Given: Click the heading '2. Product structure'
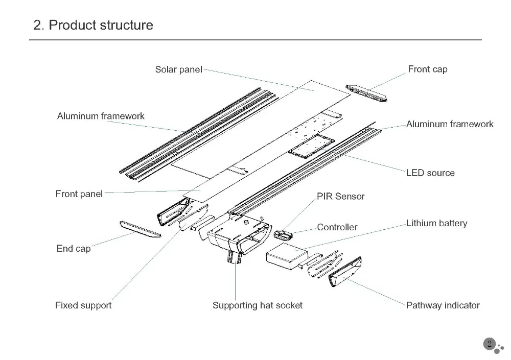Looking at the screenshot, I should (93, 25).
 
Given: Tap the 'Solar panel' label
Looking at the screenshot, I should (178, 69).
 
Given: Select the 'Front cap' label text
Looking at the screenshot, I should (427, 69).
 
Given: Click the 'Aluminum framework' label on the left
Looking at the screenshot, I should (101, 116).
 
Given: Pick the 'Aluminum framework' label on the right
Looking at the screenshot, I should (450, 124).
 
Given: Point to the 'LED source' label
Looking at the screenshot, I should (430, 173).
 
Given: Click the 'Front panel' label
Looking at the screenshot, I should (79, 194).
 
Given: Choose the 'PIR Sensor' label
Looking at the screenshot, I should (341, 196).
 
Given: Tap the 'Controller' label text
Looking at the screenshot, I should (337, 227).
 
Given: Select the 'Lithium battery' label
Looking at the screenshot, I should (436, 223).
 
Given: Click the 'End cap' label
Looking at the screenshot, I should (73, 249).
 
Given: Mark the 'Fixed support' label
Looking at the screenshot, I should (83, 305).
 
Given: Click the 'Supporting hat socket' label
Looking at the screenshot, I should (257, 305).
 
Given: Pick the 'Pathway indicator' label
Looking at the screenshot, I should (443, 305).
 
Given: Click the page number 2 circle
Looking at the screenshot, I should (489, 344).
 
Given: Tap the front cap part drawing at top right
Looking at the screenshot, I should (366, 92).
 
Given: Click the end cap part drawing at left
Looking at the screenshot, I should (140, 229).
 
